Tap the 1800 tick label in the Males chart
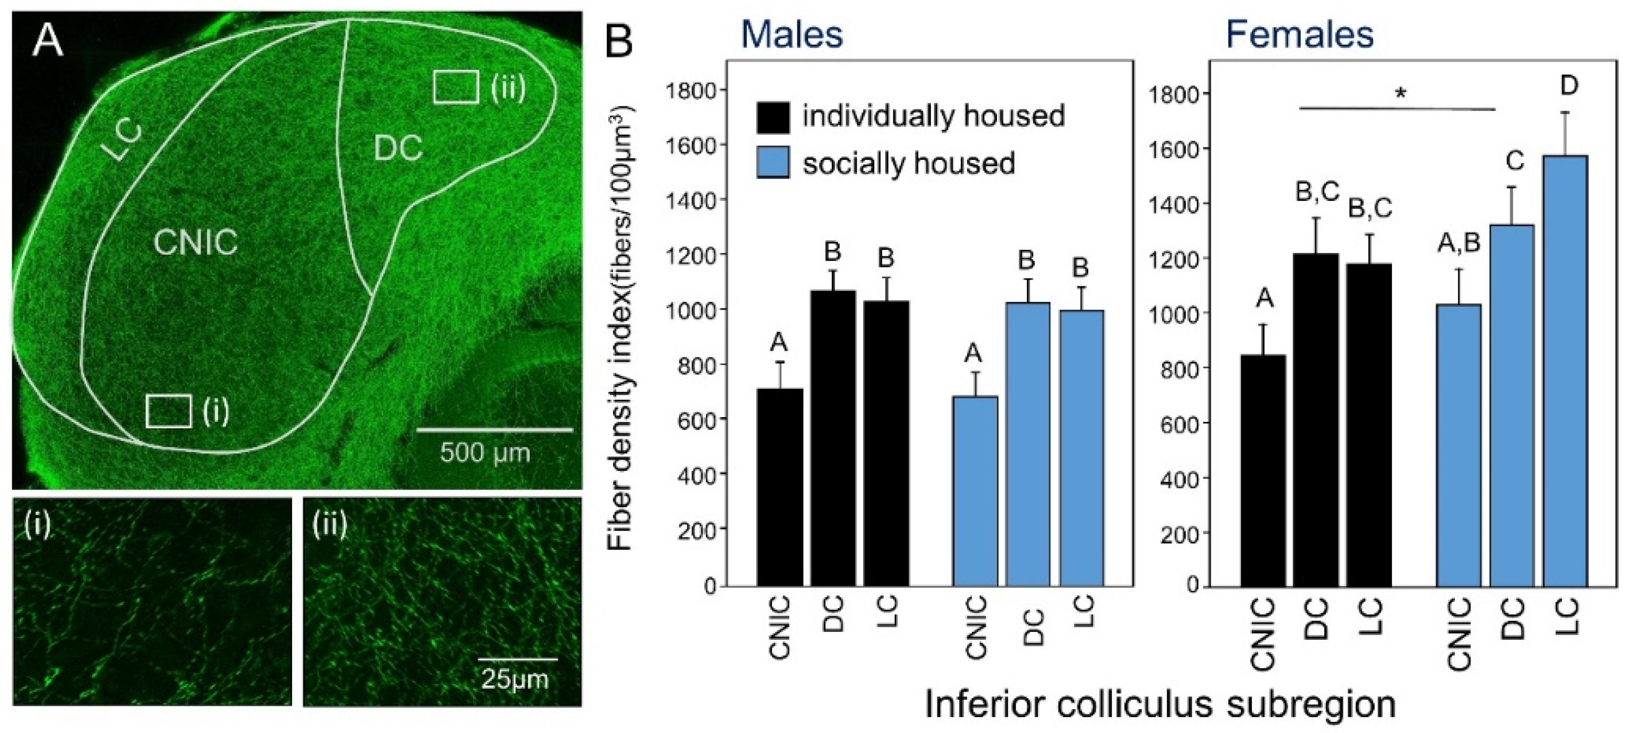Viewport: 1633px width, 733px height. click(x=690, y=90)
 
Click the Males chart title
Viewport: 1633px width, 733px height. click(x=792, y=35)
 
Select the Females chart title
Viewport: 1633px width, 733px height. click(x=1300, y=35)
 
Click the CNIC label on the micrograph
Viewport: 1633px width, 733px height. click(x=196, y=242)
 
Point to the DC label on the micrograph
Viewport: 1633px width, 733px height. click(x=398, y=149)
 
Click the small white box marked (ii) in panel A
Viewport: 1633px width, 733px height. click(x=456, y=87)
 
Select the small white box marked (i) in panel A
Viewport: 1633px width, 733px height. click(x=168, y=411)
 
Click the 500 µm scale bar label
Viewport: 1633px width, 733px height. click(x=485, y=452)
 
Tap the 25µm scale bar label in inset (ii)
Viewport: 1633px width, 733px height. click(x=515, y=680)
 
